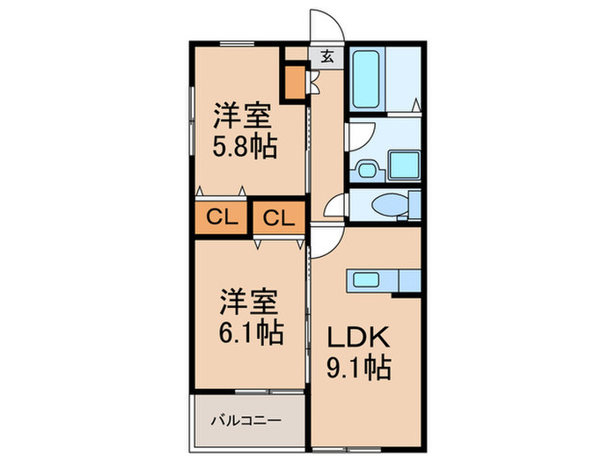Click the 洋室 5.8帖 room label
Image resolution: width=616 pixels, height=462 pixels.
click(246, 131)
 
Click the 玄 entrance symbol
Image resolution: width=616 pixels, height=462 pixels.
click(326, 56)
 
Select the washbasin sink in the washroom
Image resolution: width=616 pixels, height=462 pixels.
click(367, 167)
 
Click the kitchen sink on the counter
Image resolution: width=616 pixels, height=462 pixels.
click(365, 281)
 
